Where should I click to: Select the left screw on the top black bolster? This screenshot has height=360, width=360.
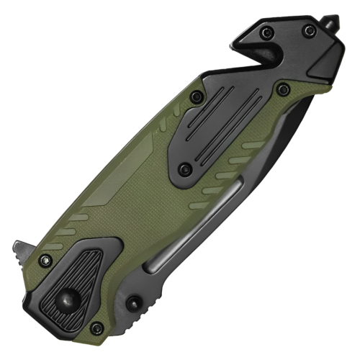pyautogui.click(x=268, y=33)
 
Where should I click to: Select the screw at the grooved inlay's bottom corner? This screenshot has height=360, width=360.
pyautogui.click(x=186, y=171)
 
